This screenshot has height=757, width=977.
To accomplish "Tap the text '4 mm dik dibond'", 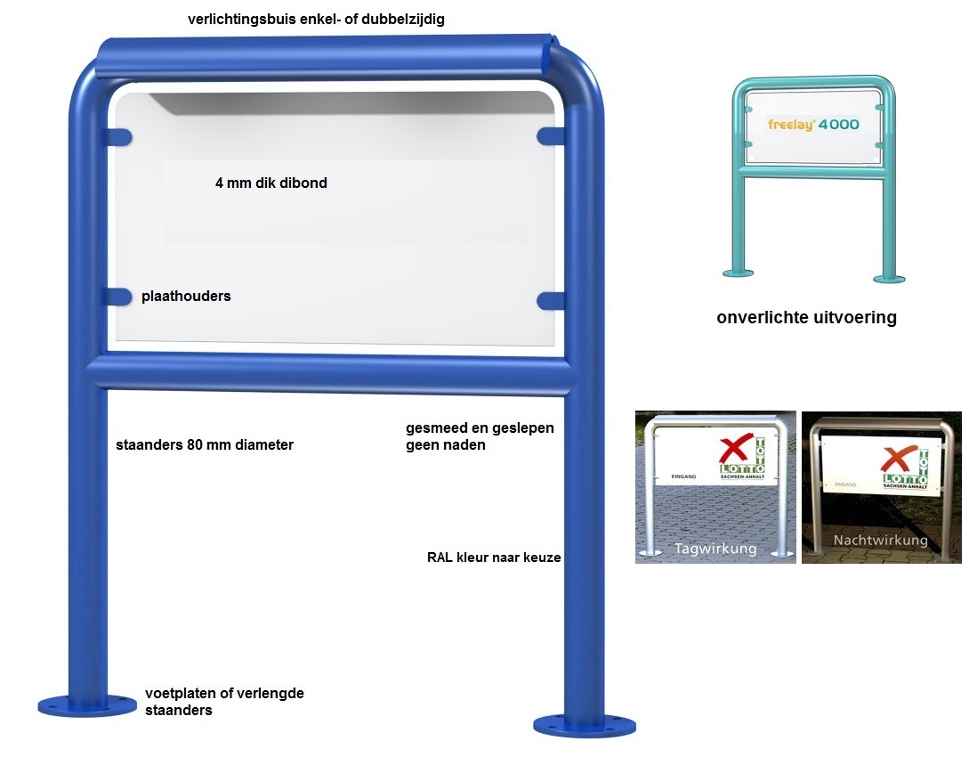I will pos(271,183).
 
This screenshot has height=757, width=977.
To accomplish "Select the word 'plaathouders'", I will pos(186,296).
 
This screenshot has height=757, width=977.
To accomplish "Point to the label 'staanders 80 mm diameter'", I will pos(205,444).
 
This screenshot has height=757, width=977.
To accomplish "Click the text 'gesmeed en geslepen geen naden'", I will pos(480,436).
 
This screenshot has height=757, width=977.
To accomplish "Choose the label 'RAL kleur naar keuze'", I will pos(494,558).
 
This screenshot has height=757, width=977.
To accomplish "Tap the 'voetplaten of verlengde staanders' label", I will pos(224,702).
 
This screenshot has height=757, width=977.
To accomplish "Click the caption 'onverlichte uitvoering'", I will pos(806,318).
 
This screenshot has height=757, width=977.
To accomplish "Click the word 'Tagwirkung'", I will pos(715,549).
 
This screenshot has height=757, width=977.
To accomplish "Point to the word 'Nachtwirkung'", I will pos(880,541).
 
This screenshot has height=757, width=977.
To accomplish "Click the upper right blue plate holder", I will pos(551,135).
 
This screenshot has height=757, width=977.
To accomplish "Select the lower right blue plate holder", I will pos(551,299).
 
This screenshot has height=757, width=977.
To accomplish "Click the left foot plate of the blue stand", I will pos(87,705).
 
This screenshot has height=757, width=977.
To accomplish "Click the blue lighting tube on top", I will pos(325,55).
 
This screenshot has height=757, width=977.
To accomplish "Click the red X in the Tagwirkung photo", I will pos(735,452).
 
